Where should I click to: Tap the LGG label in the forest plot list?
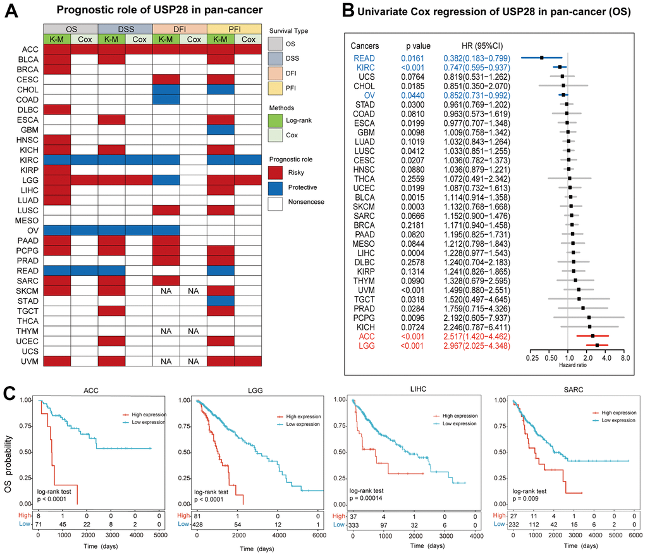click(x=363, y=346)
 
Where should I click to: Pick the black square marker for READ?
click(x=542, y=57)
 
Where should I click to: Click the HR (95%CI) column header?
click(x=470, y=46)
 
